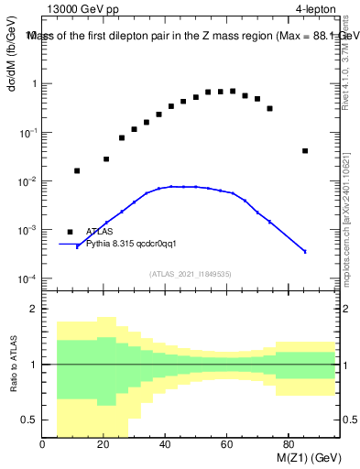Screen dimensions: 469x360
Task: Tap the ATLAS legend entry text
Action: tap(100, 232)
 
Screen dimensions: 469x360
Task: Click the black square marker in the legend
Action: tap(71, 232)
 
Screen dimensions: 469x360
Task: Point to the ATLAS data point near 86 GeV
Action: tap(305, 151)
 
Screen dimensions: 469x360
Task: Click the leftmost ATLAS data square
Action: tap(77, 170)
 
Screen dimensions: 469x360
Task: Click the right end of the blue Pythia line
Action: tap(305, 251)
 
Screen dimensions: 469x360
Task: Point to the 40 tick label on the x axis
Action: tap(165, 443)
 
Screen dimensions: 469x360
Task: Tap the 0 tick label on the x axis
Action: tap(42, 443)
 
